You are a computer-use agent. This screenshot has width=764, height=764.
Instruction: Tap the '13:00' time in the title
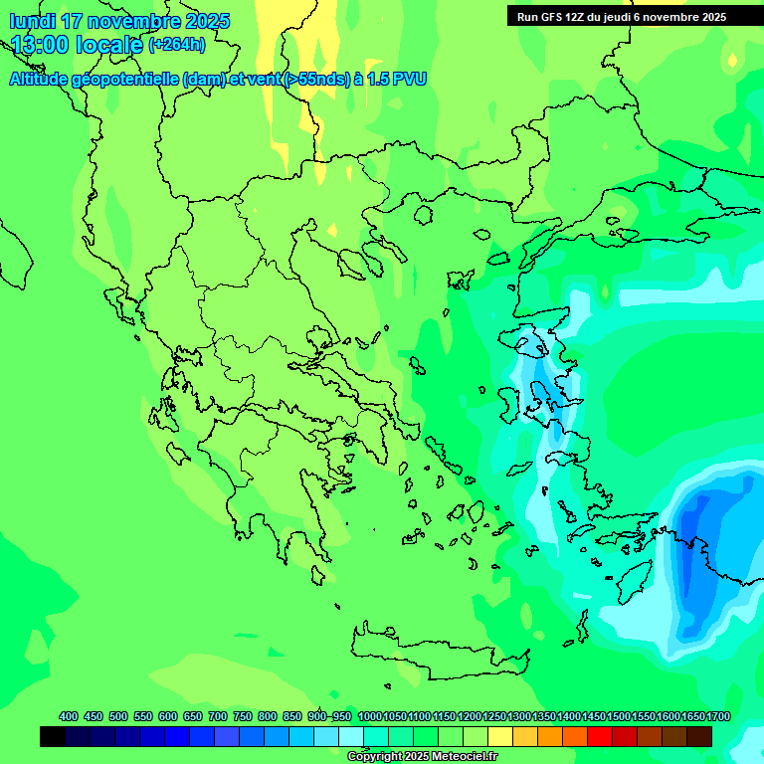pos(40,45)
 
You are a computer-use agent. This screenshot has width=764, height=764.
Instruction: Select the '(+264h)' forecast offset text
pos(177,45)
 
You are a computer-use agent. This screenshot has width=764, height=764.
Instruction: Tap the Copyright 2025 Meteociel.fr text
pos(422,757)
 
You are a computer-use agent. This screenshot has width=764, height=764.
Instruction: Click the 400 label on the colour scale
pos(69,717)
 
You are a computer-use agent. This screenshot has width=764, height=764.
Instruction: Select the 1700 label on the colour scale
pos(718,717)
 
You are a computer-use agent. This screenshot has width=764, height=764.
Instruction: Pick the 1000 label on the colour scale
pos(370,717)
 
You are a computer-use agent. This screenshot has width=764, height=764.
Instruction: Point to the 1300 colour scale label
pos(519,717)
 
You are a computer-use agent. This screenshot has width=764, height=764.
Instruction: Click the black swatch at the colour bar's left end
pos(53,737)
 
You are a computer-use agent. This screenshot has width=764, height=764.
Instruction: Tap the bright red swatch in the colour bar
pos(600,737)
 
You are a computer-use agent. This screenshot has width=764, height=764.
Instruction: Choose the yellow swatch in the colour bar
pos(500,737)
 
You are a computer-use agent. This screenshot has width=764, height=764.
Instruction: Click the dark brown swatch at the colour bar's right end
pos(699,737)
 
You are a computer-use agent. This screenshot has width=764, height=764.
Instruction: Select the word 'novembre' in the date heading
pos(134,21)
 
